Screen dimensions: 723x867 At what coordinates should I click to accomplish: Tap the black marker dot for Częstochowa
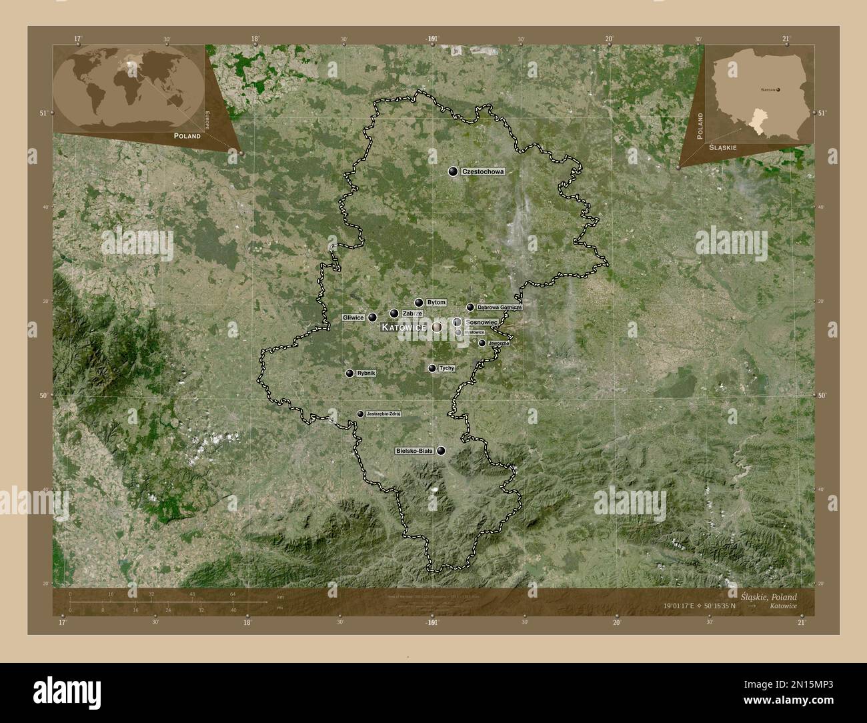(x=454, y=172)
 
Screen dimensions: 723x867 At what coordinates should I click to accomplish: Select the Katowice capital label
(x=403, y=327)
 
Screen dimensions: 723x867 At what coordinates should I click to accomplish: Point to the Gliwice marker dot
(x=372, y=317)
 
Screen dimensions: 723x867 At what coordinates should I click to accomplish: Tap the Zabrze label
(x=412, y=313)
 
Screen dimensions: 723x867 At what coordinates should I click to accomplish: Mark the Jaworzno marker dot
(x=482, y=343)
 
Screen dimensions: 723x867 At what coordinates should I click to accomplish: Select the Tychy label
(x=447, y=368)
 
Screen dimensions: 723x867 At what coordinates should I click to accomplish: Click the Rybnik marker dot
(x=349, y=374)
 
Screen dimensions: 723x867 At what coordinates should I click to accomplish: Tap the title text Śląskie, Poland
(x=768, y=597)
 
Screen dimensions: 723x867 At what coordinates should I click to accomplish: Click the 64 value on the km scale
(x=232, y=594)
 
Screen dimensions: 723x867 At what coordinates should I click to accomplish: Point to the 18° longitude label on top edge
(x=255, y=39)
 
